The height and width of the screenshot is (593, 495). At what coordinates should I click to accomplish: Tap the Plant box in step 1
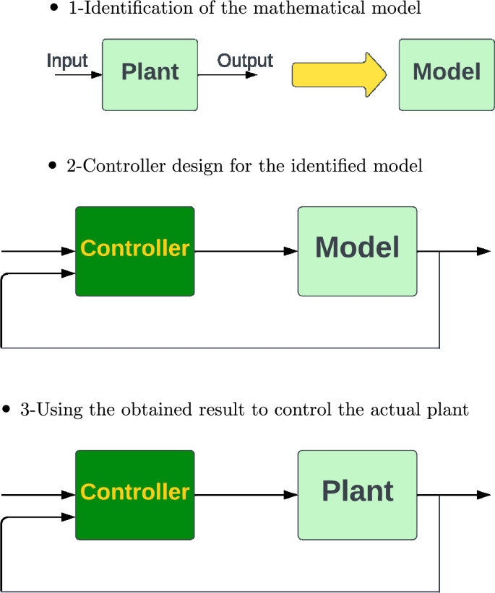tap(150, 74)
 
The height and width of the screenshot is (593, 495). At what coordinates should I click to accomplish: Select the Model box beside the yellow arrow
tap(446, 74)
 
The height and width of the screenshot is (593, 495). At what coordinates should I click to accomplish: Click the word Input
tap(67, 61)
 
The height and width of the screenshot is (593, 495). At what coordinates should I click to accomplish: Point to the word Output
tap(245, 61)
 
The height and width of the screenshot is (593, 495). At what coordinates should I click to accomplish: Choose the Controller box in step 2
tap(135, 251)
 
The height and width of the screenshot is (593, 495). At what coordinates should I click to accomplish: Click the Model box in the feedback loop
tap(357, 251)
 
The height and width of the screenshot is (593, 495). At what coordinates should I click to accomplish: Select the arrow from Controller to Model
tap(246, 251)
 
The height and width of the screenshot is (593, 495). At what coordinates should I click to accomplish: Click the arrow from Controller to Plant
tap(246, 495)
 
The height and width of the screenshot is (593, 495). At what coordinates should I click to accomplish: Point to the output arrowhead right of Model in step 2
tap(483, 251)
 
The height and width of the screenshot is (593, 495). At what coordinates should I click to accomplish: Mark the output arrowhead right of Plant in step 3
tap(483, 495)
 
